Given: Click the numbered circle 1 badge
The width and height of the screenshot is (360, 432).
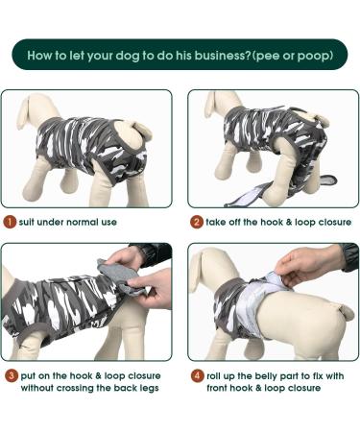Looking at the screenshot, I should (9, 222).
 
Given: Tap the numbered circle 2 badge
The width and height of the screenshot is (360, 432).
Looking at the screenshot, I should (195, 222).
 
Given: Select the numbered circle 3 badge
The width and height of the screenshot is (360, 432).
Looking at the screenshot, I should (9, 375).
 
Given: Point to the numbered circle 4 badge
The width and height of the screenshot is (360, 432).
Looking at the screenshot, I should (195, 375).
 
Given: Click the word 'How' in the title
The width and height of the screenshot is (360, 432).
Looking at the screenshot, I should (42, 55).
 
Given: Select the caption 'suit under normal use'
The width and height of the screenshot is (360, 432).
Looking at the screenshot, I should (67, 222).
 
